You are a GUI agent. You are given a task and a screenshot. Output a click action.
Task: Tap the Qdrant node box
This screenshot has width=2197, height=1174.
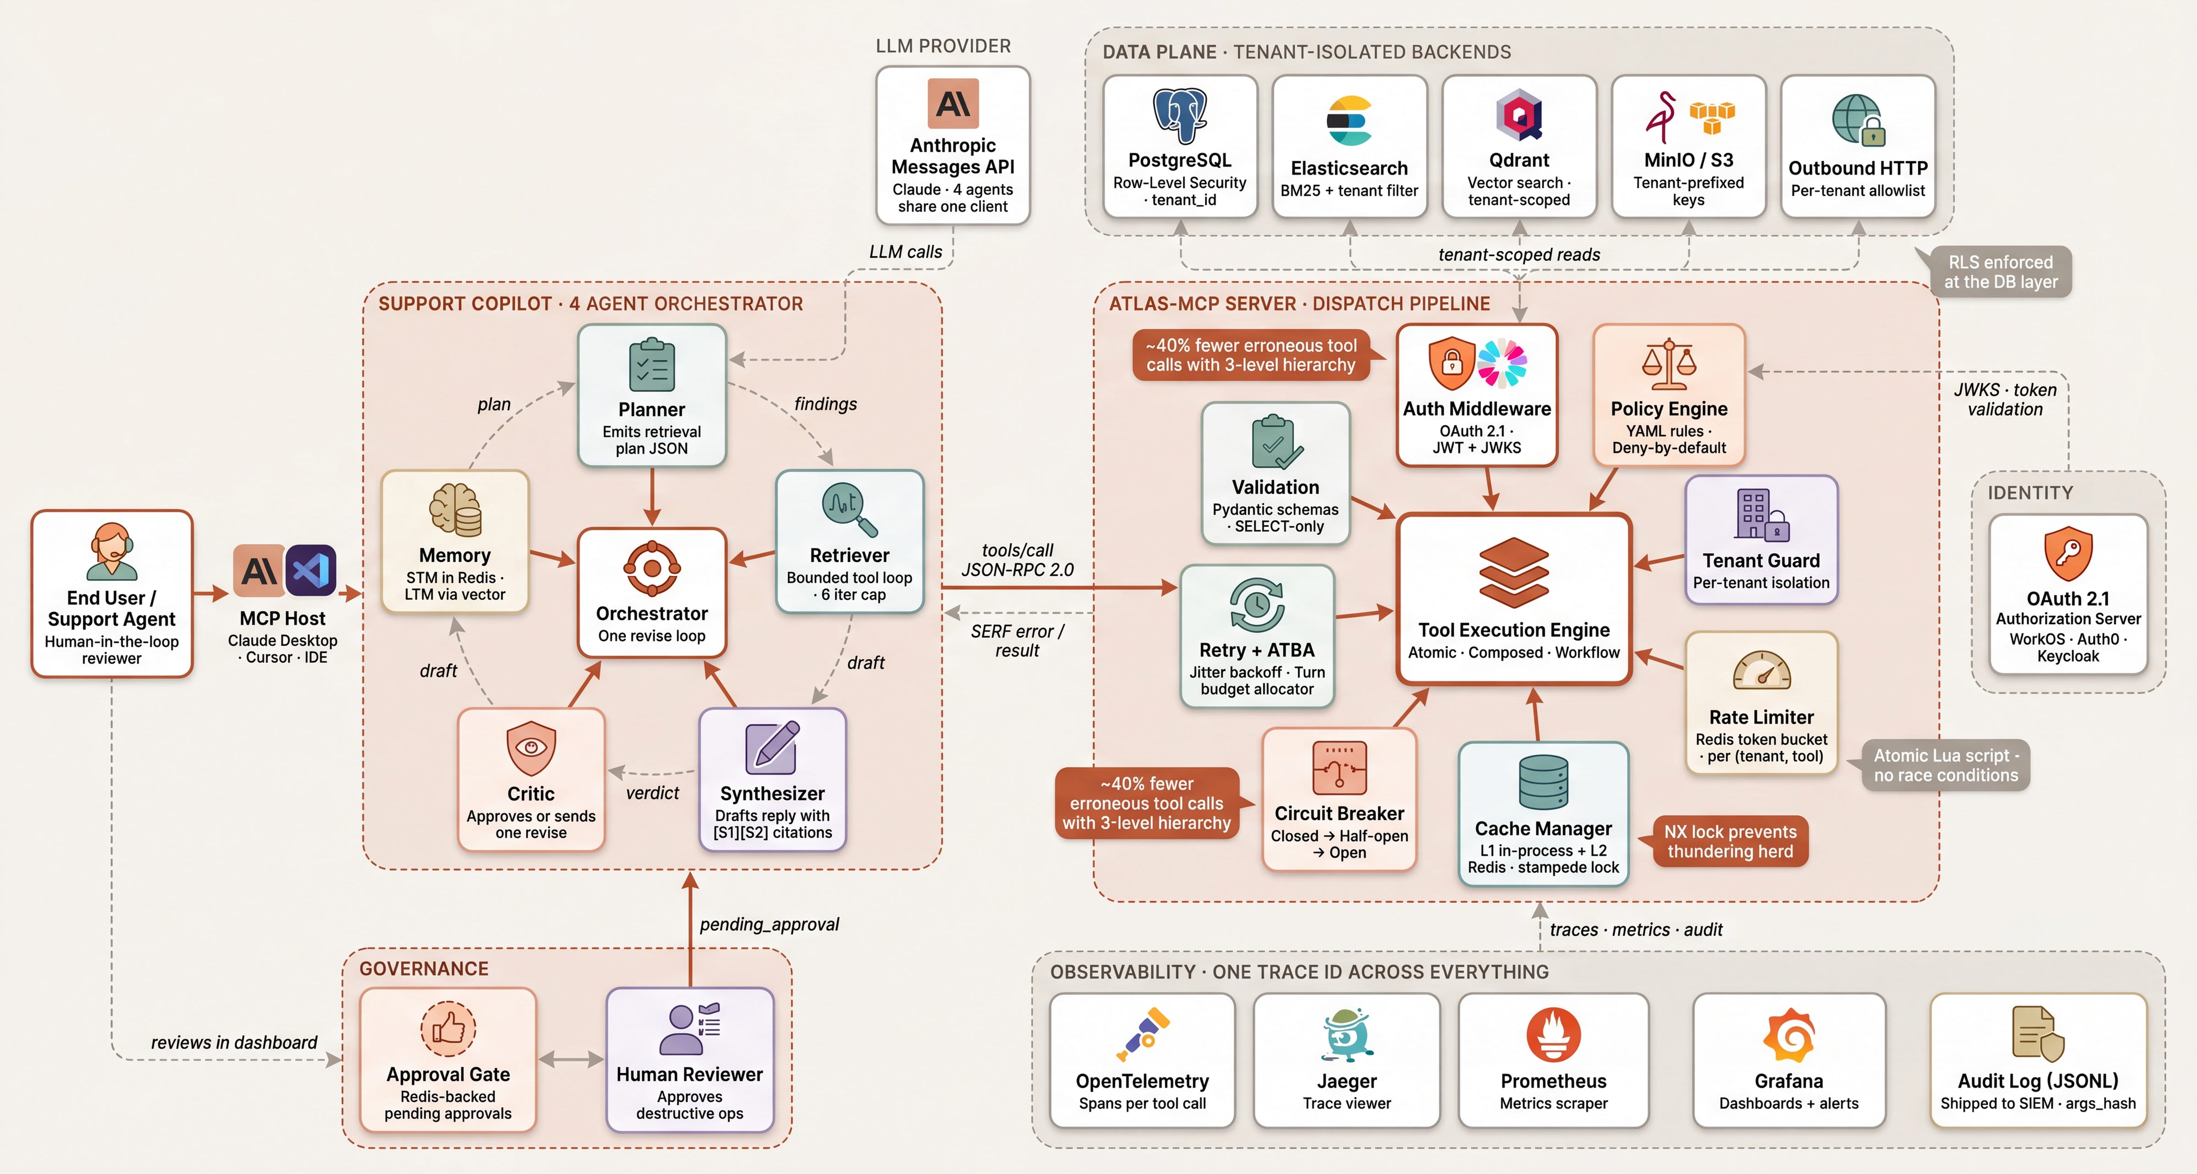coord(1519,146)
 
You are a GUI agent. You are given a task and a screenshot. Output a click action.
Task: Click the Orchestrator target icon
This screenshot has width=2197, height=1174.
coord(652,567)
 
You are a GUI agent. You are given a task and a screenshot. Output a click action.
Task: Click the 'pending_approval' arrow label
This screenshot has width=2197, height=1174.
coord(769,924)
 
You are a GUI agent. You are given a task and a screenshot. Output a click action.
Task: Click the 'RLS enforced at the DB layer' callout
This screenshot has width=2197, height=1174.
coord(2000,272)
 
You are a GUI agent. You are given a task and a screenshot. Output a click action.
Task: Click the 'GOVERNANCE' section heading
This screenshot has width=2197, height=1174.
coord(424,968)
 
